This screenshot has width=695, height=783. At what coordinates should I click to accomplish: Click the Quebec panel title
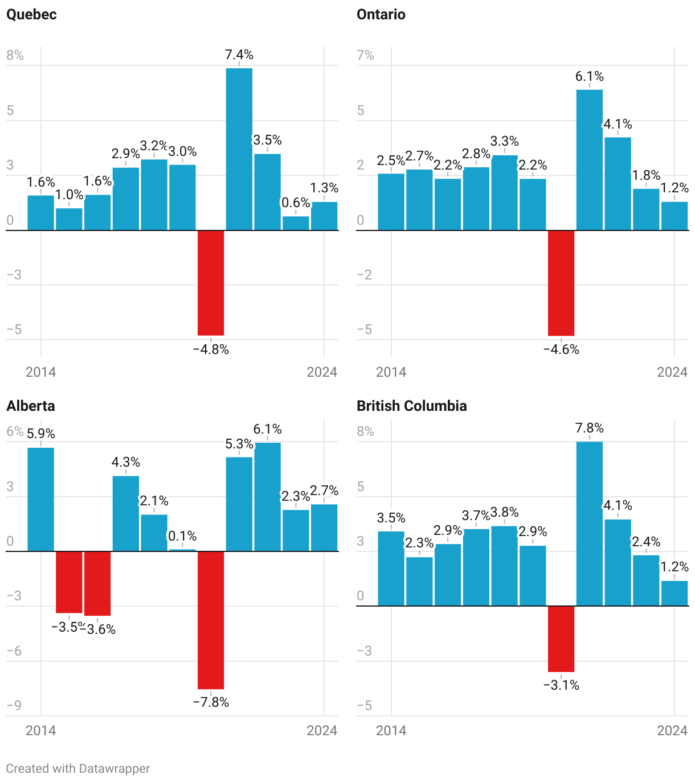(x=31, y=14)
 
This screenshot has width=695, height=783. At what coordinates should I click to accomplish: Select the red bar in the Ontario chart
(x=561, y=283)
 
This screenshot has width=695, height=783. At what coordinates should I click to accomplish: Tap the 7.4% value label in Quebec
(x=239, y=55)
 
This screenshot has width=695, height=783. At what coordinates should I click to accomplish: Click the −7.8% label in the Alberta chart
(x=211, y=702)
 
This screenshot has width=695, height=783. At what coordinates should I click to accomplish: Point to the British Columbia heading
(x=411, y=406)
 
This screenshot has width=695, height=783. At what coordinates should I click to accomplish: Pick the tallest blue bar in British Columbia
(x=589, y=524)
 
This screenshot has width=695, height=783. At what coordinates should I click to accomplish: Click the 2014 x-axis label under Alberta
(x=41, y=730)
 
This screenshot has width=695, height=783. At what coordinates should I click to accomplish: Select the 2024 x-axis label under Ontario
(x=672, y=372)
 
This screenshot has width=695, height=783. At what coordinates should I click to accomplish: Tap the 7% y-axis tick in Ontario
(x=365, y=55)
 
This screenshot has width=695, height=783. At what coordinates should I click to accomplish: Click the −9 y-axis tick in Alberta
(x=14, y=705)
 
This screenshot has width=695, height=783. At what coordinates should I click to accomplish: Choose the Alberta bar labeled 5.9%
(x=41, y=499)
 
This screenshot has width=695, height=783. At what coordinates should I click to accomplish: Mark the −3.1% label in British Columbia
(x=561, y=685)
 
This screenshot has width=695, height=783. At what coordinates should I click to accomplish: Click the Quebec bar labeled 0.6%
(x=296, y=223)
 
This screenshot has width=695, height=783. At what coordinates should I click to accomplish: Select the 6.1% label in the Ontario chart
(x=589, y=76)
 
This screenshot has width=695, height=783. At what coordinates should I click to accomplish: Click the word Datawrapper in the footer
(x=114, y=768)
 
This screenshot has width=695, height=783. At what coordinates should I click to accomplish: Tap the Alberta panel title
(x=31, y=406)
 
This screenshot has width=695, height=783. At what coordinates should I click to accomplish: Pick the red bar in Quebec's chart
(x=211, y=283)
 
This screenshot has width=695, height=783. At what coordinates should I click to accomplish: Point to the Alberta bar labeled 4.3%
(x=126, y=513)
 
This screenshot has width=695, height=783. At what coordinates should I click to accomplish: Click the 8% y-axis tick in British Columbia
(x=365, y=431)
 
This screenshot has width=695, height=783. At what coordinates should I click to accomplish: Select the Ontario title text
(x=381, y=14)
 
